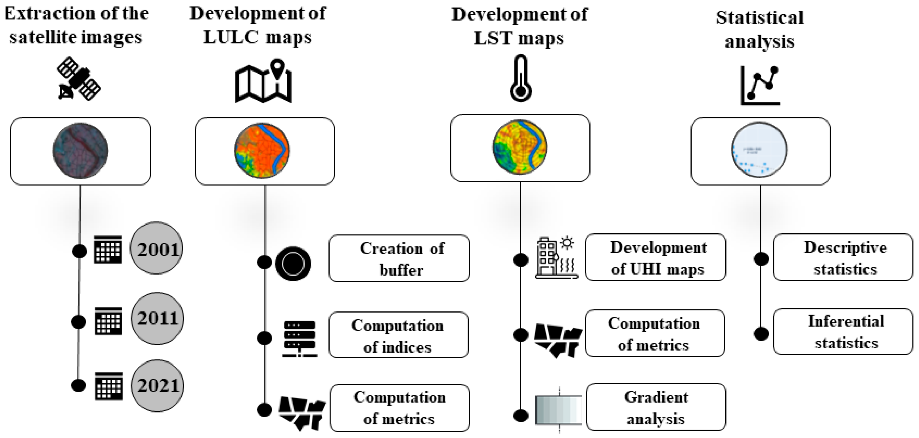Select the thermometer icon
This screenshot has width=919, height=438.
tap(521, 78)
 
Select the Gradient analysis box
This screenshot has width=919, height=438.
tap(656, 407)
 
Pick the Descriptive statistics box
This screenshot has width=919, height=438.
tap(843, 258)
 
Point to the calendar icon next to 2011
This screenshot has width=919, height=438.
tap(108, 321)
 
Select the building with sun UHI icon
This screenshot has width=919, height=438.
tap(556, 257)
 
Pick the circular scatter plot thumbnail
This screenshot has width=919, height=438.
tap(759, 150)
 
